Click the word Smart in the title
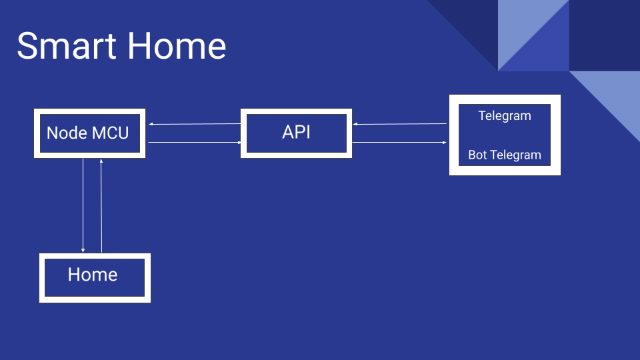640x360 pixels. tap(67, 46)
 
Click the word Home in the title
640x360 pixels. tap(177, 46)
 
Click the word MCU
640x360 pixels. tap(110, 133)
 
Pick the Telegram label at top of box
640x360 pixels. tap(505, 116)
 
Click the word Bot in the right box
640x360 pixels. tap(477, 155)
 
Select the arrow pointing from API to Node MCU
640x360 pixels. tap(195, 124)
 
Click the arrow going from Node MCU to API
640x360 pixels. tap(195, 143)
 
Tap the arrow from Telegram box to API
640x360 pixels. tap(399, 124)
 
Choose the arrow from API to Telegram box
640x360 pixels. tap(399, 143)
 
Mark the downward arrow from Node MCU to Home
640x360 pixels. tap(83, 205)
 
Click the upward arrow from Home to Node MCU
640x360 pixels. tap(101, 206)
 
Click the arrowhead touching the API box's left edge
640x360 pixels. tap(239, 143)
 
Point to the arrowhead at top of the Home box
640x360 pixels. tap(83, 250)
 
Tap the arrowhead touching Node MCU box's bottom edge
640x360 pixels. tap(101, 161)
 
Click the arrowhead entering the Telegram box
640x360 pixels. tap(445, 143)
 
